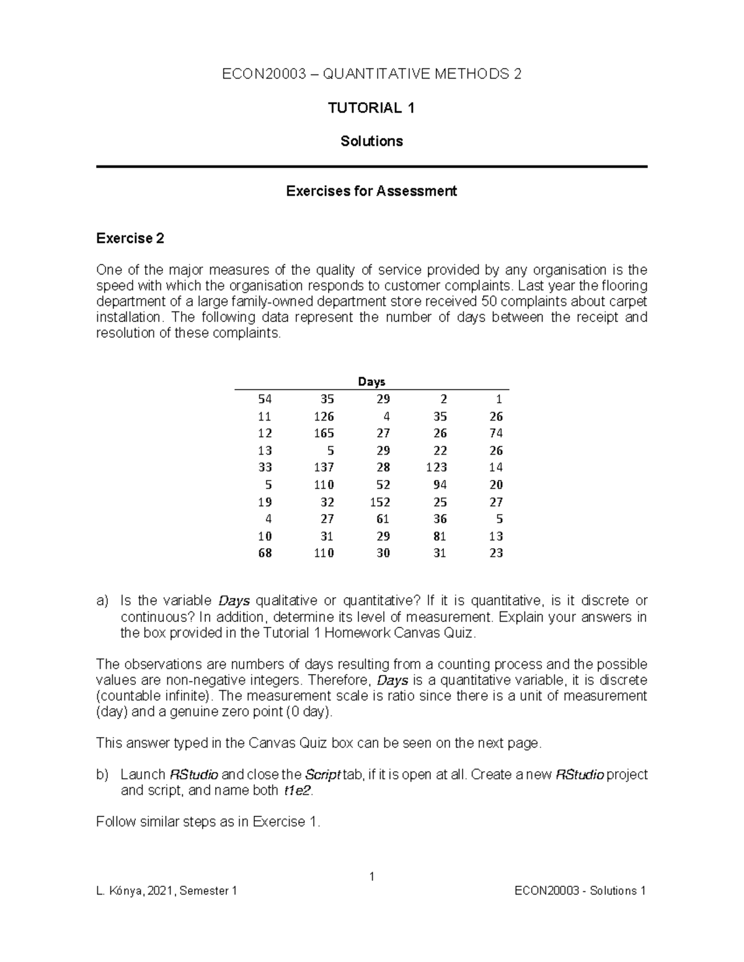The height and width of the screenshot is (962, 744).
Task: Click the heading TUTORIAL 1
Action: [371, 108]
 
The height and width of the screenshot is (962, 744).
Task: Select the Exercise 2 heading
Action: [130, 238]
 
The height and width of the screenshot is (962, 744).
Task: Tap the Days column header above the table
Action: [371, 382]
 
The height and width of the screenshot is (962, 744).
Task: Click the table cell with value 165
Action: [324, 433]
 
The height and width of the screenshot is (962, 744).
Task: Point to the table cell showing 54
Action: [265, 399]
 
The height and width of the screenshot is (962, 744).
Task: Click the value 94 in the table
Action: [440, 484]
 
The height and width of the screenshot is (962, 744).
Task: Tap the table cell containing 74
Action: [495, 433]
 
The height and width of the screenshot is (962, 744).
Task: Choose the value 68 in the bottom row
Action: [265, 553]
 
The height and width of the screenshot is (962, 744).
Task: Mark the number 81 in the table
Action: [440, 536]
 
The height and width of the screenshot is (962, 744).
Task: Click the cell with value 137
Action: [324, 467]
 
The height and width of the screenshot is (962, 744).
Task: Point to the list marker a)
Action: [102, 601]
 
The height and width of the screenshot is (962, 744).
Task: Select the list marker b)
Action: [102, 775]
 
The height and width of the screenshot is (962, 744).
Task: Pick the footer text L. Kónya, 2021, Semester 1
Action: [167, 891]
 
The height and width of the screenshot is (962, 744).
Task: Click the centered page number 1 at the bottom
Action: [371, 876]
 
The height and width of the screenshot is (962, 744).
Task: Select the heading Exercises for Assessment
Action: [371, 191]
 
